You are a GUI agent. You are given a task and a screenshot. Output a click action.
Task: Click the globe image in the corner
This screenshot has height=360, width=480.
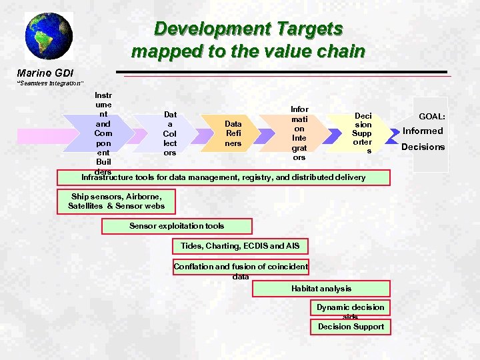pyautogui.click(x=49, y=36)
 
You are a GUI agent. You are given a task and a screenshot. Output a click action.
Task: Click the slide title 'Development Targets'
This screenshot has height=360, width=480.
pyautogui.click(x=248, y=29)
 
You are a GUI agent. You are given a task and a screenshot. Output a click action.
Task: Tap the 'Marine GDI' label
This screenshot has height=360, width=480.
pyautogui.click(x=45, y=72)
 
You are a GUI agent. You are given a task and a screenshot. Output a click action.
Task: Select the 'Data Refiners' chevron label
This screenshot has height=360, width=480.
pyautogui.click(x=233, y=133)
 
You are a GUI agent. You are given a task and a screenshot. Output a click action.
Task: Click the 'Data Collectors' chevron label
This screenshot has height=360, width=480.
pyautogui.click(x=170, y=133)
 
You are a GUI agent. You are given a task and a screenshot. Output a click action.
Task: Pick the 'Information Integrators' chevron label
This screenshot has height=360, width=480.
pyautogui.click(x=299, y=133)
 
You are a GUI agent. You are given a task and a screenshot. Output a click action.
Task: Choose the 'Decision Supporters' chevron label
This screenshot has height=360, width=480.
pyautogui.click(x=363, y=133)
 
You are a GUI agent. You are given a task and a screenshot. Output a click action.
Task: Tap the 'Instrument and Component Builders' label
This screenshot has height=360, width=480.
pyautogui.click(x=103, y=133)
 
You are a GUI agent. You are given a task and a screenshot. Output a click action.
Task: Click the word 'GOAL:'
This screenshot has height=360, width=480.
pyautogui.click(x=432, y=117)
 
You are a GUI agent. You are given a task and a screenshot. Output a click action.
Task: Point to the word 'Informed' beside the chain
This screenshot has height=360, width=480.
pyautogui.click(x=423, y=131)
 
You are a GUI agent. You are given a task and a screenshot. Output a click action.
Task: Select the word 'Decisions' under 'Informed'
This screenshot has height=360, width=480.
pyautogui.click(x=423, y=147)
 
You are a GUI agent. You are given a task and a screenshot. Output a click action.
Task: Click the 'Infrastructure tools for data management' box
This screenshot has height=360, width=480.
pyautogui.click(x=223, y=177)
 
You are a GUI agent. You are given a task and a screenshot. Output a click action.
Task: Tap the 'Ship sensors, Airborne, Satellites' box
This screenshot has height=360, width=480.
pyautogui.click(x=117, y=201)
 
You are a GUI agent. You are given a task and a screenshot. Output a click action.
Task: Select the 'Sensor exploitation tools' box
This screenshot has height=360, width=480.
pyautogui.click(x=177, y=226)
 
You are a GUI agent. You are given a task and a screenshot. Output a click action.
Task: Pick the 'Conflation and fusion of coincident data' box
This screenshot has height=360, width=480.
pyautogui.click(x=241, y=267)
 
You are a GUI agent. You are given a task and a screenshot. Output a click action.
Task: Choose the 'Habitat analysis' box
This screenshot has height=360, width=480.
pyautogui.click(x=321, y=289)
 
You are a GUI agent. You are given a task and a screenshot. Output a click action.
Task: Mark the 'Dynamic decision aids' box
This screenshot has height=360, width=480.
pyautogui.click(x=350, y=307)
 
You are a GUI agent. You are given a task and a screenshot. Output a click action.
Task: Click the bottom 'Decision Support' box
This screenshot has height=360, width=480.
pyautogui.click(x=351, y=327)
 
